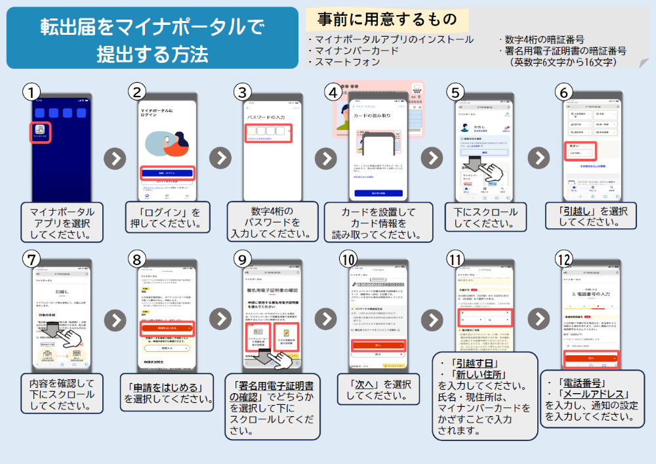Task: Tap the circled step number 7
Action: click(x=30, y=259)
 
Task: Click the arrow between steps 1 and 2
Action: click(x=115, y=158)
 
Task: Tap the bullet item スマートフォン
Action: click(x=347, y=62)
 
